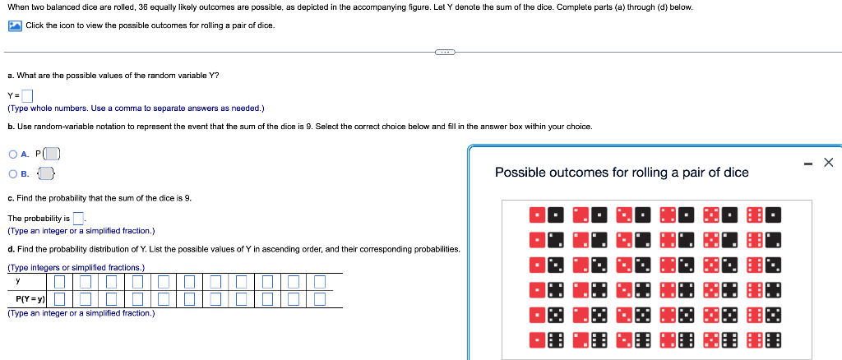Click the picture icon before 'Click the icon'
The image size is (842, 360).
[15, 25]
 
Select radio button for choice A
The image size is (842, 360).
[13, 154]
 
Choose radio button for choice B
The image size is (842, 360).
[13, 173]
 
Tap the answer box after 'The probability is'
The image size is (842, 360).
[79, 218]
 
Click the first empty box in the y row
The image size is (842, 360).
[60, 282]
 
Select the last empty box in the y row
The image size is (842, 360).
[320, 282]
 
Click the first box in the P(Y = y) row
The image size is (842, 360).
[60, 298]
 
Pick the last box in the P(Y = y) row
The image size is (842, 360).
[320, 298]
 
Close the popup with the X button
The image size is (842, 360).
[828, 163]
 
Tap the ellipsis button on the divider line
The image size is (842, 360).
[445, 52]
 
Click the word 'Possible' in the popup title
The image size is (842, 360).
[520, 173]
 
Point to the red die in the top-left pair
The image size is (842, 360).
[538, 216]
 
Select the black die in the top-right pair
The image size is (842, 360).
[773, 216]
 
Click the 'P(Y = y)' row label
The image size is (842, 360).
[30, 299]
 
